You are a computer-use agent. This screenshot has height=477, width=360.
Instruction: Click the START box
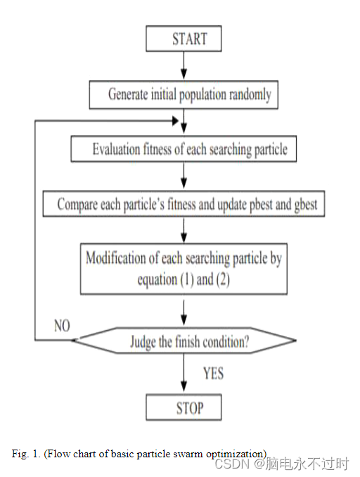(184, 39)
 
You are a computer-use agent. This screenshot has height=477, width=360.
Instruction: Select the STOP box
(184, 407)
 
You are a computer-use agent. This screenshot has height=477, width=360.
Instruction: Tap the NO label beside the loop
(62, 326)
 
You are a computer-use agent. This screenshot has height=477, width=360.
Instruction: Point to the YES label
(214, 374)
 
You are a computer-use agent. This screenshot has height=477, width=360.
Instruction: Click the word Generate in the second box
(128, 94)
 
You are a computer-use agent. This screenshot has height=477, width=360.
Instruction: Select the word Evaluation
(117, 149)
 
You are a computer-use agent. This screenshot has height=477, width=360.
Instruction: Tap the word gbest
(306, 205)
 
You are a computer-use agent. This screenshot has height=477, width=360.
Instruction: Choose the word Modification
(115, 258)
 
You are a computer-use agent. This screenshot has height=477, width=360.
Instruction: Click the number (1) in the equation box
(187, 279)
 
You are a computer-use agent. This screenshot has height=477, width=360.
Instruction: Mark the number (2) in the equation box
(223, 279)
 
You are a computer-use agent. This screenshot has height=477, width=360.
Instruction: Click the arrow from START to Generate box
(184, 65)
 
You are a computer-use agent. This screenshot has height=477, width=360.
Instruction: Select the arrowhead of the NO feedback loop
(176, 121)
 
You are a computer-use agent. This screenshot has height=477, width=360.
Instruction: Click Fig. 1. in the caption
(26, 454)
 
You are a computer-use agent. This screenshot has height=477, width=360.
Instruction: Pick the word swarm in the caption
(188, 454)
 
